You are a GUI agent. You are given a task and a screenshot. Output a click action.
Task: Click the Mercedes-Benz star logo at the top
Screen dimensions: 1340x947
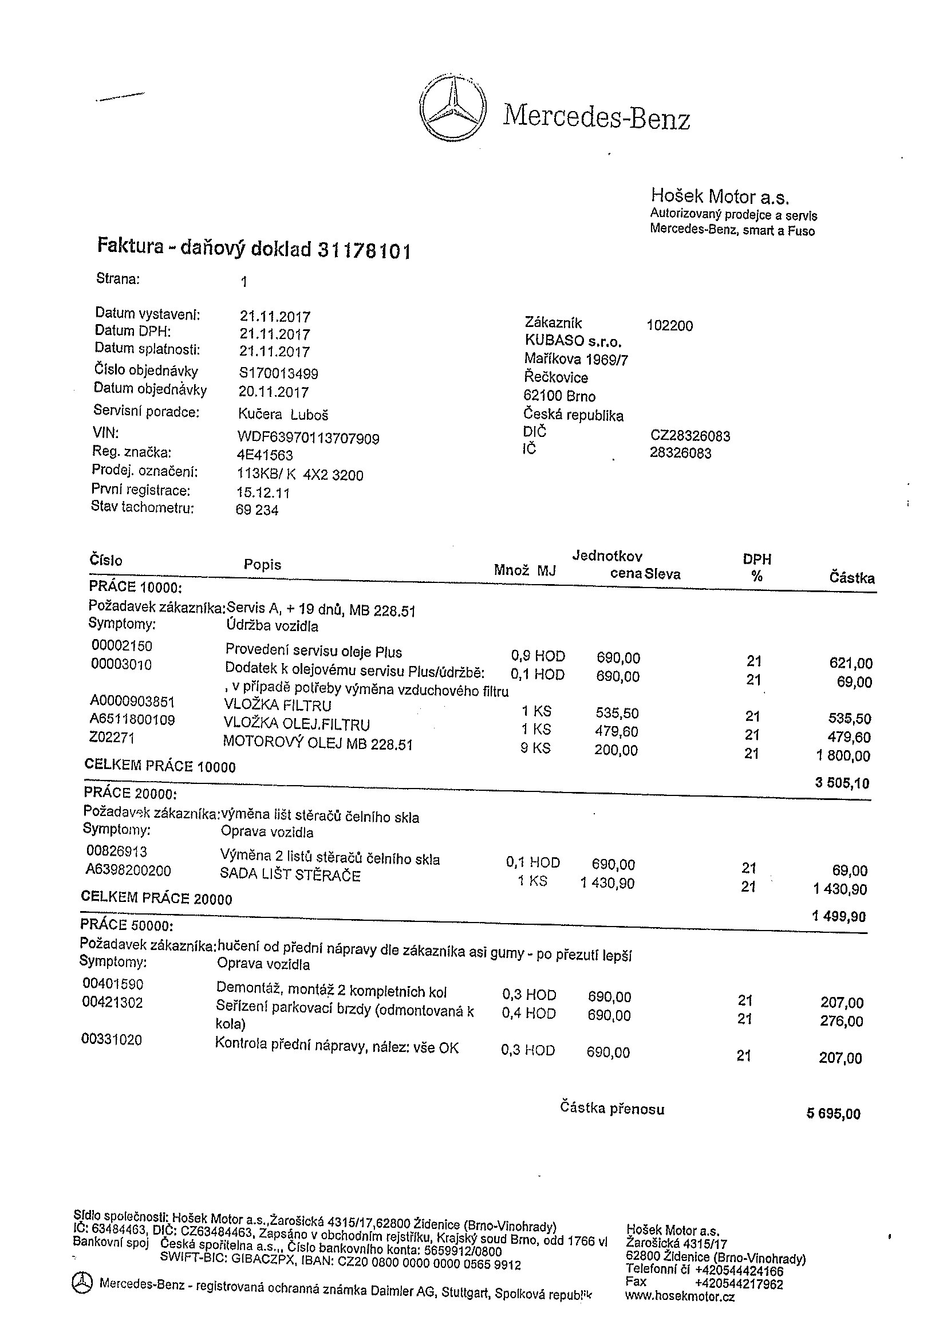pyautogui.click(x=452, y=108)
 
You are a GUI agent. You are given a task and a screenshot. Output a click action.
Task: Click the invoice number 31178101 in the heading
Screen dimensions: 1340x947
pyautogui.click(x=364, y=250)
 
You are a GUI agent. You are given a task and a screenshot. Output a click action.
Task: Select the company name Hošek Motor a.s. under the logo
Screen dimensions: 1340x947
pyautogui.click(x=720, y=196)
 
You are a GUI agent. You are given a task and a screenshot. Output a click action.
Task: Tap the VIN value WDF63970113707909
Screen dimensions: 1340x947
pyautogui.click(x=308, y=438)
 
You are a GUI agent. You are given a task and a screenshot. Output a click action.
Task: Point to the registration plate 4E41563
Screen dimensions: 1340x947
pyautogui.click(x=266, y=455)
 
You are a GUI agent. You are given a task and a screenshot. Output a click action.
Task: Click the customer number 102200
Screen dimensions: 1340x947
pyautogui.click(x=669, y=326)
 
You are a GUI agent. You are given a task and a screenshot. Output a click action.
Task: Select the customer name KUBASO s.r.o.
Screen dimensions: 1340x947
pyautogui.click(x=573, y=341)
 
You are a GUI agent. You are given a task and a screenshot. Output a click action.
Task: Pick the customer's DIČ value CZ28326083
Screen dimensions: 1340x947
pyautogui.click(x=690, y=436)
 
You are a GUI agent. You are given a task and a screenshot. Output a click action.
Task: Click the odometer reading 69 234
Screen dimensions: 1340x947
pyautogui.click(x=257, y=510)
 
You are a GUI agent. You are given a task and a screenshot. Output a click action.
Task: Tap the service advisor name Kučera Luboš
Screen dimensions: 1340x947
pyautogui.click(x=283, y=415)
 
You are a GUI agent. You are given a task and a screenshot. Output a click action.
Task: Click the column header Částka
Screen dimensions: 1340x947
pyautogui.click(x=852, y=578)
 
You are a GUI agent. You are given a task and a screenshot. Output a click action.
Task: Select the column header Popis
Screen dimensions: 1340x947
pyautogui.click(x=263, y=565)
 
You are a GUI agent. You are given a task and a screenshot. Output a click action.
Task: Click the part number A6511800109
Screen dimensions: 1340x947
pyautogui.click(x=132, y=720)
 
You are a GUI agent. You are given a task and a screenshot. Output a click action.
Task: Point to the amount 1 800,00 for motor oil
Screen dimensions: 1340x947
pyautogui.click(x=843, y=756)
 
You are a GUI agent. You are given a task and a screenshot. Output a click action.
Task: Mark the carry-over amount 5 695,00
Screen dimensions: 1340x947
pyautogui.click(x=833, y=1114)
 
